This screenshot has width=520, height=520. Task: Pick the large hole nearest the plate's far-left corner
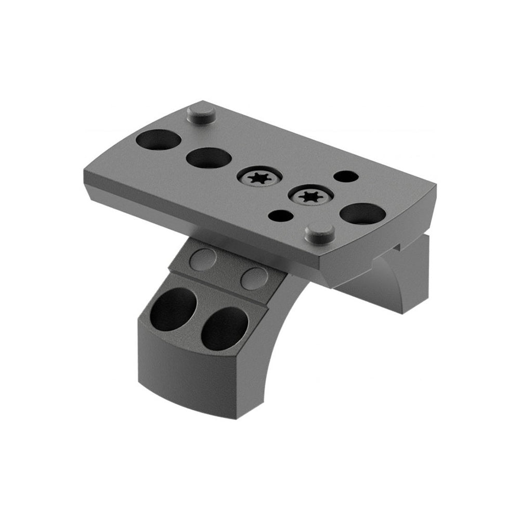[159, 140]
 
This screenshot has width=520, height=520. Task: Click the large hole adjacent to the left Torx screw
[207, 158]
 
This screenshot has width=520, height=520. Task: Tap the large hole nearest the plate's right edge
[363, 213]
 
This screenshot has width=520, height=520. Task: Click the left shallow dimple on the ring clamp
[202, 259]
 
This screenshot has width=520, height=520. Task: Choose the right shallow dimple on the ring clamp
[254, 278]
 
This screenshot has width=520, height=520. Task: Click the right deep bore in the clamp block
[225, 329]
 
